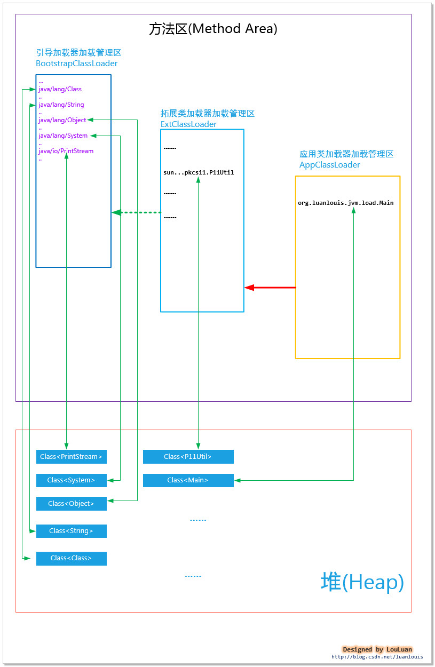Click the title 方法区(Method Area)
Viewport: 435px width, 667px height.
tap(213, 29)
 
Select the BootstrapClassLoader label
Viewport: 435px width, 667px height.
tap(76, 63)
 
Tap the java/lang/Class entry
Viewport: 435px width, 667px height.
tap(60, 89)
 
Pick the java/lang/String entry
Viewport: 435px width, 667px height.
tap(61, 105)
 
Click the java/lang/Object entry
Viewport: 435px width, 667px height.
tap(62, 120)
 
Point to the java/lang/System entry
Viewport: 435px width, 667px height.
tap(62, 136)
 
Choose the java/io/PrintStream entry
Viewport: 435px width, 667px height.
tap(66, 151)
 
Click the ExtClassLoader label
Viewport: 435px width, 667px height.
tap(188, 124)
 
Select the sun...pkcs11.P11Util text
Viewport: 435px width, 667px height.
tap(199, 172)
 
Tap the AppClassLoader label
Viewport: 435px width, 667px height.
tap(329, 165)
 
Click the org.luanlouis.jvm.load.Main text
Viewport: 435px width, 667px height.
tap(345, 203)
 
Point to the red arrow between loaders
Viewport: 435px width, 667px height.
tap(270, 288)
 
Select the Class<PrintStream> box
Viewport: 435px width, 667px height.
tap(71, 457)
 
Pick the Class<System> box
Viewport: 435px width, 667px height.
tap(71, 480)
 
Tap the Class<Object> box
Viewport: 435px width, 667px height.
tap(71, 504)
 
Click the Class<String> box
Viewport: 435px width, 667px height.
tap(71, 531)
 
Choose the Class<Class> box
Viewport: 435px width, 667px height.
tap(71, 558)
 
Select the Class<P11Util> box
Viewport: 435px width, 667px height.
tap(188, 457)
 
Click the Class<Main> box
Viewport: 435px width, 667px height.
tap(188, 480)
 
